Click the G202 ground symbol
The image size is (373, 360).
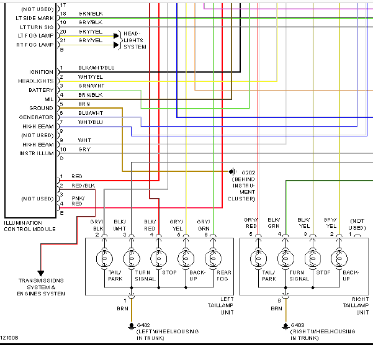(232, 171)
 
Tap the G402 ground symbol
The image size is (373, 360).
(132, 326)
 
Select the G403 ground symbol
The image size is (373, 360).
(285, 326)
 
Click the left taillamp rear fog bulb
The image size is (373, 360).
(213, 259)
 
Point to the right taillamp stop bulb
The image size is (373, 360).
(313, 259)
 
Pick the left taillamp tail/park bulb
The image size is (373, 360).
(104, 259)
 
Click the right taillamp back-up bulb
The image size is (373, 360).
(339, 259)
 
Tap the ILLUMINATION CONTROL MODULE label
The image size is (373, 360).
(30, 226)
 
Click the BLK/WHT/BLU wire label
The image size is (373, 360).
(96, 68)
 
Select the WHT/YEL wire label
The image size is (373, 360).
(91, 77)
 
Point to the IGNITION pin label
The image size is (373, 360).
(42, 72)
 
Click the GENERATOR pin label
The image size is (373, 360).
(36, 117)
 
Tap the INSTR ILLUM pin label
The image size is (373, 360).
(37, 153)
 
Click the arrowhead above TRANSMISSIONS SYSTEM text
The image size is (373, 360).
(41, 273)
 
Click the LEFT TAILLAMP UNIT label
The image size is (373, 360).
(221, 306)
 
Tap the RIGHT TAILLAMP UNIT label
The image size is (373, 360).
(356, 306)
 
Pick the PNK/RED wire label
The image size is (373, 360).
(78, 201)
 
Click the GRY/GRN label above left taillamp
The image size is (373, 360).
(204, 225)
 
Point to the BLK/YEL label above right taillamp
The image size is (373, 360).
(303, 223)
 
